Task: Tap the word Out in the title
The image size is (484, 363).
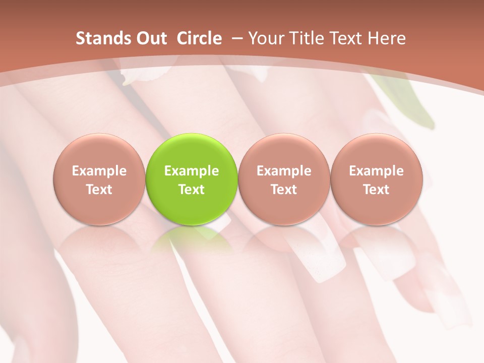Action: pos(150,38)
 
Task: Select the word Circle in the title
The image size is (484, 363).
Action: pos(199,38)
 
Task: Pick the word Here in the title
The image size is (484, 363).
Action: pos(387,38)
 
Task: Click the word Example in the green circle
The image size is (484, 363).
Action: pos(192,171)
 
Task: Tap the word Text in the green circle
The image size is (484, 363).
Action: pos(192,190)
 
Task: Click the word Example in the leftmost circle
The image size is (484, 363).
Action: pos(99,171)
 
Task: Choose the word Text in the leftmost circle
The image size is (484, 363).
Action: pos(99,190)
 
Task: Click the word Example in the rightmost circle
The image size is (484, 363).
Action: pos(376,171)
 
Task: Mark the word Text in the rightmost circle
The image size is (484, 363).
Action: pos(376,190)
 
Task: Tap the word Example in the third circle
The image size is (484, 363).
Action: pos(284,171)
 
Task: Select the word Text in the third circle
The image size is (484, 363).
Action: pos(284,190)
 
